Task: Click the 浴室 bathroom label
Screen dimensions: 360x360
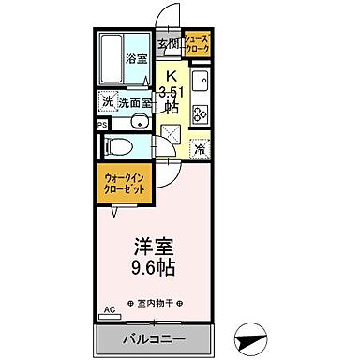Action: [136, 59]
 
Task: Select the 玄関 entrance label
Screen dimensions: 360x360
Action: [168, 44]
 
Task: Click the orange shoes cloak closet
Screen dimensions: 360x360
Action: [199, 43]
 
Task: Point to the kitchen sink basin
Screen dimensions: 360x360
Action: [200, 82]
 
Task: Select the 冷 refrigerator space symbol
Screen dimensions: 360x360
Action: [200, 147]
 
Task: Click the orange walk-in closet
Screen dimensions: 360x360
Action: [124, 183]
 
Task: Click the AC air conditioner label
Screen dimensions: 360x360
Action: [108, 308]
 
